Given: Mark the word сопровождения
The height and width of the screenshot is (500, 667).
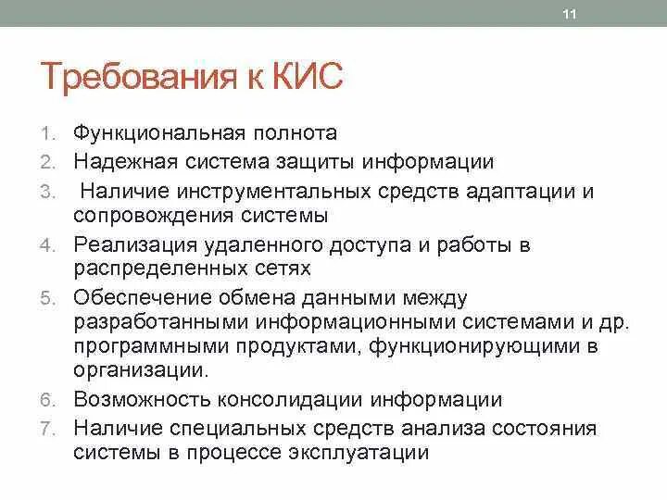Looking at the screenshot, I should coord(155,215).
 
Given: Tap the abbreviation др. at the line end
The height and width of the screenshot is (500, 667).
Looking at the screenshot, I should coord(615,322).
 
